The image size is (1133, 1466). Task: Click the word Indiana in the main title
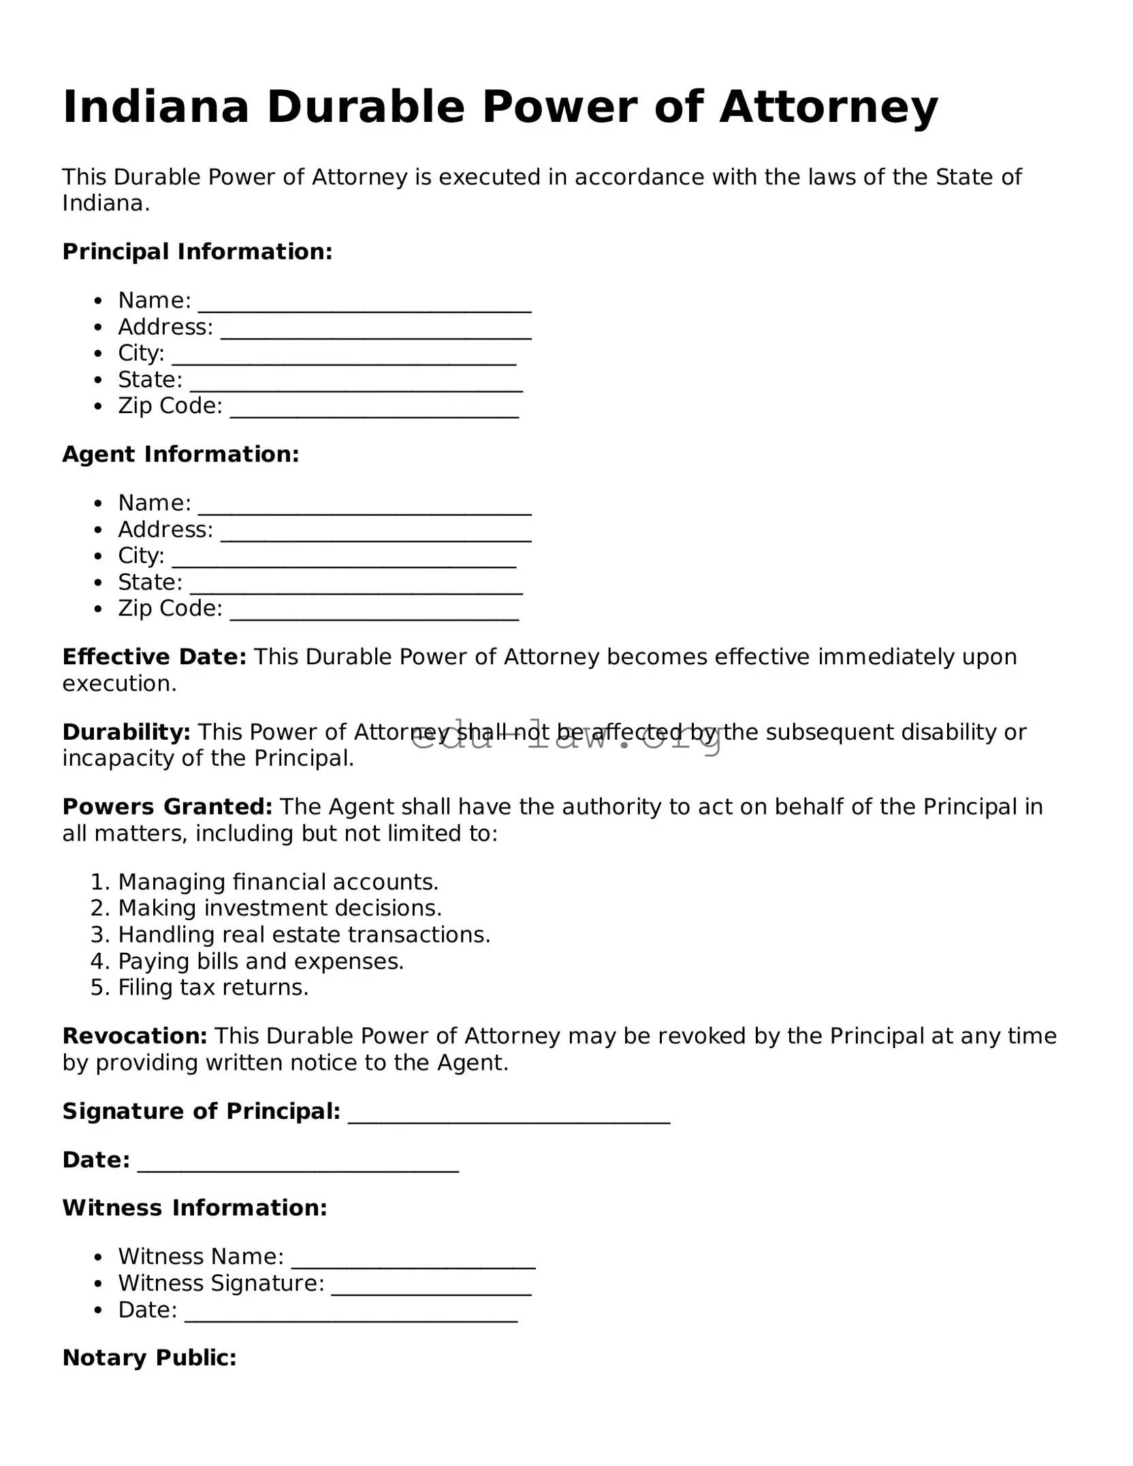[x=156, y=108]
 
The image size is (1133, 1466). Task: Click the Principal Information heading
[x=197, y=252]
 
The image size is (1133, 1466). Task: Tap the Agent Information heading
[x=180, y=454]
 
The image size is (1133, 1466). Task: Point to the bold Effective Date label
[x=154, y=657]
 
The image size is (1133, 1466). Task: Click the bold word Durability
[x=126, y=732]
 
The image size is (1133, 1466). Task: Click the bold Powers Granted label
[x=167, y=807]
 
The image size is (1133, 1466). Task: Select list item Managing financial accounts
[x=278, y=882]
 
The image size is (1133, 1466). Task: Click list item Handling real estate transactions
[x=304, y=934]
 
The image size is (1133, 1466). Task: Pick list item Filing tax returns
[x=213, y=987]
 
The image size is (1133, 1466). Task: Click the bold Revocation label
[x=135, y=1036]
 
